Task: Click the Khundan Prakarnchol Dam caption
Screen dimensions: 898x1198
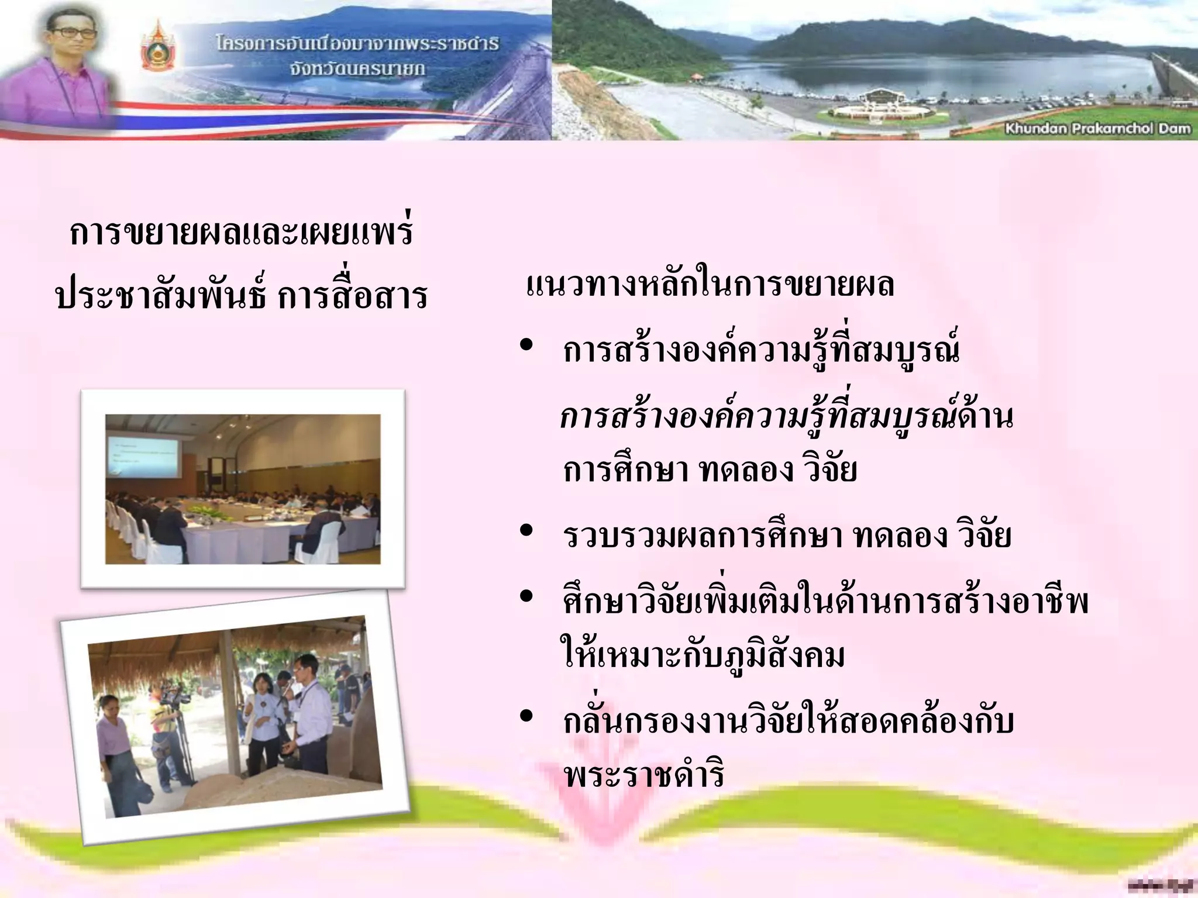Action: coord(1097,129)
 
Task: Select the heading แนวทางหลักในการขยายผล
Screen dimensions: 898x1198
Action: coord(710,285)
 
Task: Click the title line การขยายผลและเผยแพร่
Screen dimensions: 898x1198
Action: coord(241,232)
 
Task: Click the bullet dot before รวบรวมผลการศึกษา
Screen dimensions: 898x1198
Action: coord(526,531)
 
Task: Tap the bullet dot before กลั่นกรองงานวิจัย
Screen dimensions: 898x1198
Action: coord(526,716)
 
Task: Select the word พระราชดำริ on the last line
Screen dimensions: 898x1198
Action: coord(644,775)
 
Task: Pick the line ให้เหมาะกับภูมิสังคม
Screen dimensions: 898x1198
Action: coord(702,656)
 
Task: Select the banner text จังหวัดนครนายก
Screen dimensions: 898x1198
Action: coord(357,69)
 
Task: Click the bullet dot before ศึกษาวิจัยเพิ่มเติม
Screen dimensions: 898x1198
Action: coord(526,596)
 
